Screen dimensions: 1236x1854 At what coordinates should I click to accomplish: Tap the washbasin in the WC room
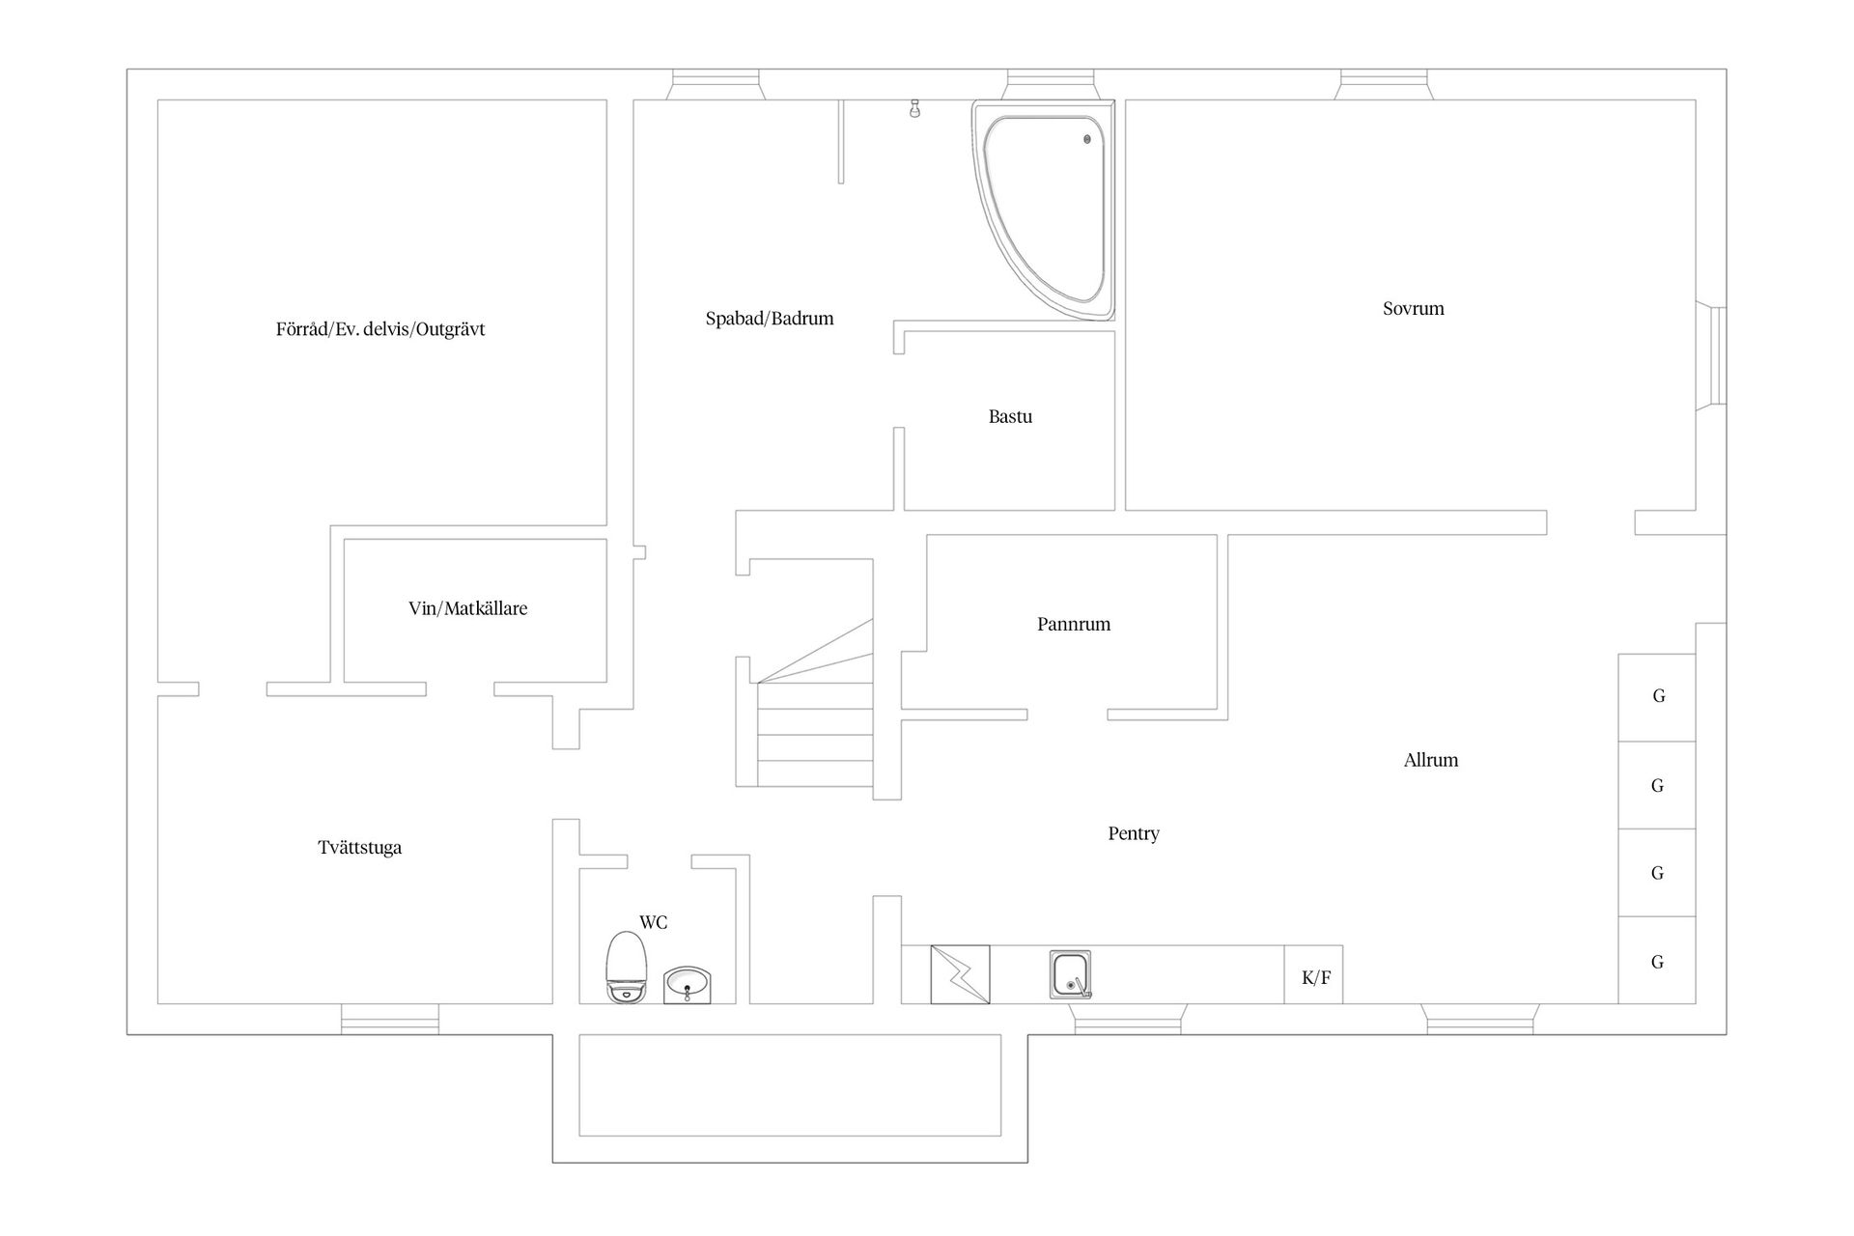[688, 985]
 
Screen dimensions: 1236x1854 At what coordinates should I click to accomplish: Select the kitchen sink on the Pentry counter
[1070, 974]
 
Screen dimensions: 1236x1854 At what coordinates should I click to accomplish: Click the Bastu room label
[1010, 417]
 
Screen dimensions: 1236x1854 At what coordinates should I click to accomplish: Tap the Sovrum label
[1413, 309]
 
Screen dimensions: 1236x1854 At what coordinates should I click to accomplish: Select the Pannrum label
[1074, 625]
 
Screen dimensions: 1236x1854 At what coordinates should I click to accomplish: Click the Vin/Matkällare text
[467, 608]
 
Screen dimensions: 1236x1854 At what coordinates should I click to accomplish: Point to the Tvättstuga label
[360, 848]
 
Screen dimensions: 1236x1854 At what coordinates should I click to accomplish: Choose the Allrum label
[1430, 760]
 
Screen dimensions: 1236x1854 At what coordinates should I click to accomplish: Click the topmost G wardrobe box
[1658, 696]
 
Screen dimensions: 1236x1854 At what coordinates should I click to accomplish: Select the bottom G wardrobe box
[1658, 961]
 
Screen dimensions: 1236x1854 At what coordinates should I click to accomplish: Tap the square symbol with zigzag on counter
[960, 974]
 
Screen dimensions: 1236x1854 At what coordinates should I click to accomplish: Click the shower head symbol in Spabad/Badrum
[913, 109]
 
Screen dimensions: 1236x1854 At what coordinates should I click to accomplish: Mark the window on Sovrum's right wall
[1716, 354]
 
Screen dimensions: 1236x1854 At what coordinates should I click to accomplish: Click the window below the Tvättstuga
[390, 1019]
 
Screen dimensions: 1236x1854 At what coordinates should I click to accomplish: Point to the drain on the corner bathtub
[1087, 139]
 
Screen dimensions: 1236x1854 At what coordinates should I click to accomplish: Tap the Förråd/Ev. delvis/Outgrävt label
[380, 329]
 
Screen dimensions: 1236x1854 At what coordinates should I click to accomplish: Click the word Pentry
[1133, 833]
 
